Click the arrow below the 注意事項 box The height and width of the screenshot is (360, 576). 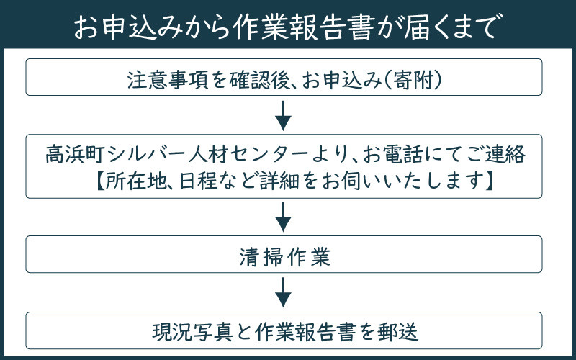coord(284,114)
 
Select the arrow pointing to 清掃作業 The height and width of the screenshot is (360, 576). coord(284,215)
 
